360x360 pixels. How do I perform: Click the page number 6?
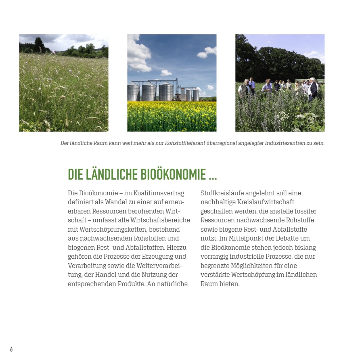[x=11, y=349]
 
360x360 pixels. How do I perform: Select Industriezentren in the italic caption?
[x=286, y=143]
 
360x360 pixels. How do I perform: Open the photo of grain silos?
[x=172, y=83]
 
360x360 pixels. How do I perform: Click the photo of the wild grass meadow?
[x=64, y=83]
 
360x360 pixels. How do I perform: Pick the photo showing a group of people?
[x=280, y=83]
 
